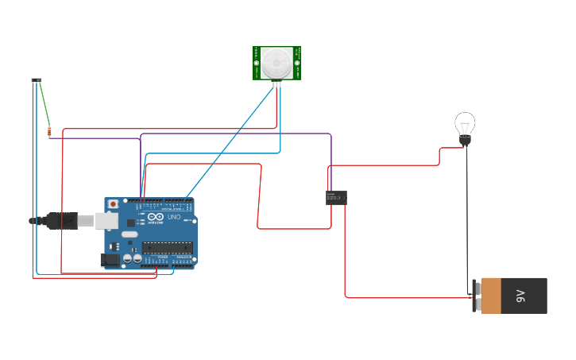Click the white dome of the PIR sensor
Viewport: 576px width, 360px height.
(276, 61)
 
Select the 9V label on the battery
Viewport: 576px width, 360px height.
(521, 296)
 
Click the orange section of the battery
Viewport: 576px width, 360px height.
(492, 296)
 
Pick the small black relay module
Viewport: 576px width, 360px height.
(336, 197)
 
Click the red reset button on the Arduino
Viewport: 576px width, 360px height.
(113, 204)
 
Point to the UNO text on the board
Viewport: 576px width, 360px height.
(174, 217)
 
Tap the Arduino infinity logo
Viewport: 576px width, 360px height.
(156, 217)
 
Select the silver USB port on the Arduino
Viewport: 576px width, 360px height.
(106, 220)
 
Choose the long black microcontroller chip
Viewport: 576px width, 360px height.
(168, 247)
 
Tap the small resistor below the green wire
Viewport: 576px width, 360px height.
(49, 131)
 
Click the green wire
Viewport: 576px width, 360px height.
(44, 104)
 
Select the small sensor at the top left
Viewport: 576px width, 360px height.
(36, 80)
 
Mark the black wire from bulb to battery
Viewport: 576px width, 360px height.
(467, 215)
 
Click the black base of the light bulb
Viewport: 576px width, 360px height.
(465, 141)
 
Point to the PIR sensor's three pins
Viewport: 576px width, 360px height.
(276, 83)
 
